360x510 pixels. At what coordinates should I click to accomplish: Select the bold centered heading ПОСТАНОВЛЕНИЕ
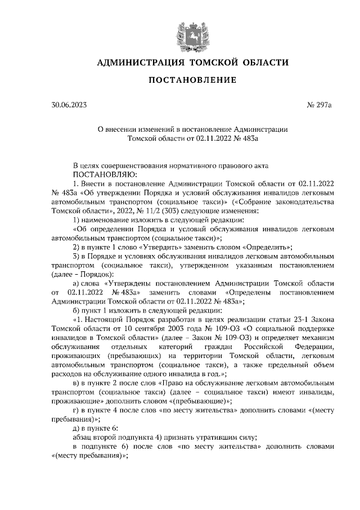pyautogui.click(x=192, y=80)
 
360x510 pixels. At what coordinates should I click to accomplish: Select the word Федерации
pyautogui.click(x=314, y=347)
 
